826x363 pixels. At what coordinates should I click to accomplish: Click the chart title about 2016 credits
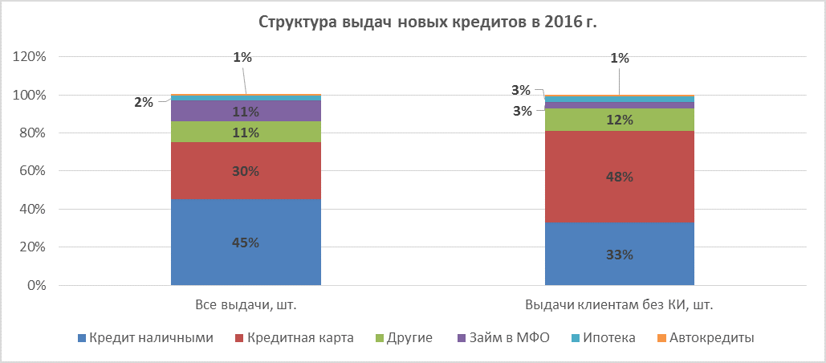point(427,23)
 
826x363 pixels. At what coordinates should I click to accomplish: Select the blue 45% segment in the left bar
point(246,243)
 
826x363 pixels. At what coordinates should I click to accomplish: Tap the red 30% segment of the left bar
point(246,171)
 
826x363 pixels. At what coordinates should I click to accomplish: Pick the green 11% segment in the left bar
point(246,132)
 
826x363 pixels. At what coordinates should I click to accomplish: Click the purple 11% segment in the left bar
point(246,111)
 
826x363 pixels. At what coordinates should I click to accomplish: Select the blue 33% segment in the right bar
point(619,254)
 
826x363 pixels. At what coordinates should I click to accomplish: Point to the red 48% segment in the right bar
point(619,177)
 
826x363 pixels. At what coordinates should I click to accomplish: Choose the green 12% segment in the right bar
point(619,120)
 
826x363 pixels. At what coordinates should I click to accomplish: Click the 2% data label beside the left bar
point(143,103)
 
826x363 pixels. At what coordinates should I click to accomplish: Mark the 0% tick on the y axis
point(39,286)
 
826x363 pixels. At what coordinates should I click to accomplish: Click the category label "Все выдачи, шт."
point(246,305)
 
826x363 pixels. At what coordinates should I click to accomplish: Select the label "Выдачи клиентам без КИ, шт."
point(619,305)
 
